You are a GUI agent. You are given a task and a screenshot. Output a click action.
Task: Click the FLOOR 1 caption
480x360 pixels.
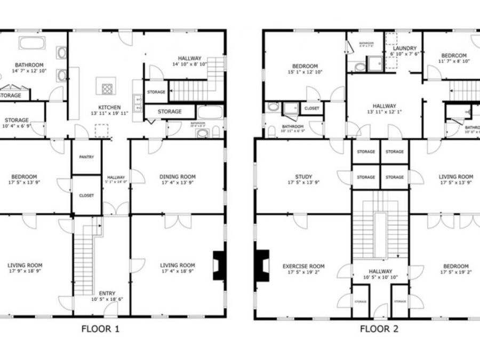[100, 329]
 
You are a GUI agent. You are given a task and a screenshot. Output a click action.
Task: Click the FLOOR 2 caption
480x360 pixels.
[379, 329]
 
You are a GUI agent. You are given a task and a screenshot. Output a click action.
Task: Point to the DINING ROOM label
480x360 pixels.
[178, 177]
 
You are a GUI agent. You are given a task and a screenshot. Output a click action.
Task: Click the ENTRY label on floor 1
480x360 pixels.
[107, 293]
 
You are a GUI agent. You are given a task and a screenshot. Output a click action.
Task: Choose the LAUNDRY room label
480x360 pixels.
[404, 47]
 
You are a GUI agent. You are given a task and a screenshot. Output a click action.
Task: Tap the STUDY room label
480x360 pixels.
[303, 177]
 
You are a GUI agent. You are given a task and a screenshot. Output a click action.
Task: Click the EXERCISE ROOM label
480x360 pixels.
[303, 266]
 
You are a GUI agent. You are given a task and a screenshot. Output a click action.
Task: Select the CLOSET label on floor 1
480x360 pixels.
[86, 195]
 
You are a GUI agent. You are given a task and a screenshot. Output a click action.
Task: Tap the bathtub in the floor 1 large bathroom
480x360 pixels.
[32, 43]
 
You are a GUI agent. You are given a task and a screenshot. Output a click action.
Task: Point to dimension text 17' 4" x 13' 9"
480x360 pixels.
[178, 183]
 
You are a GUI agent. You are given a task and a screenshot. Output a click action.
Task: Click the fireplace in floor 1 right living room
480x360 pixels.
[219, 265]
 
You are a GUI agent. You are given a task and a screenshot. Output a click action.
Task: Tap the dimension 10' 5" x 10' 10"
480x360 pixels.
[380, 278]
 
